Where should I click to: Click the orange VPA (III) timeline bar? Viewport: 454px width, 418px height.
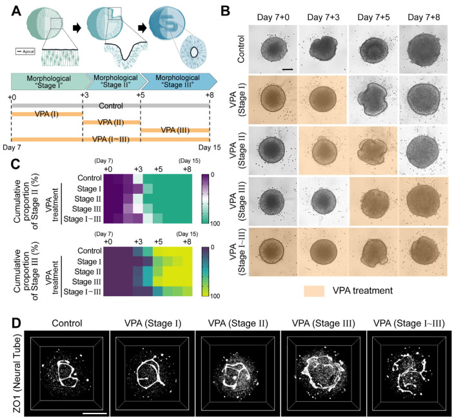(174, 130)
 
